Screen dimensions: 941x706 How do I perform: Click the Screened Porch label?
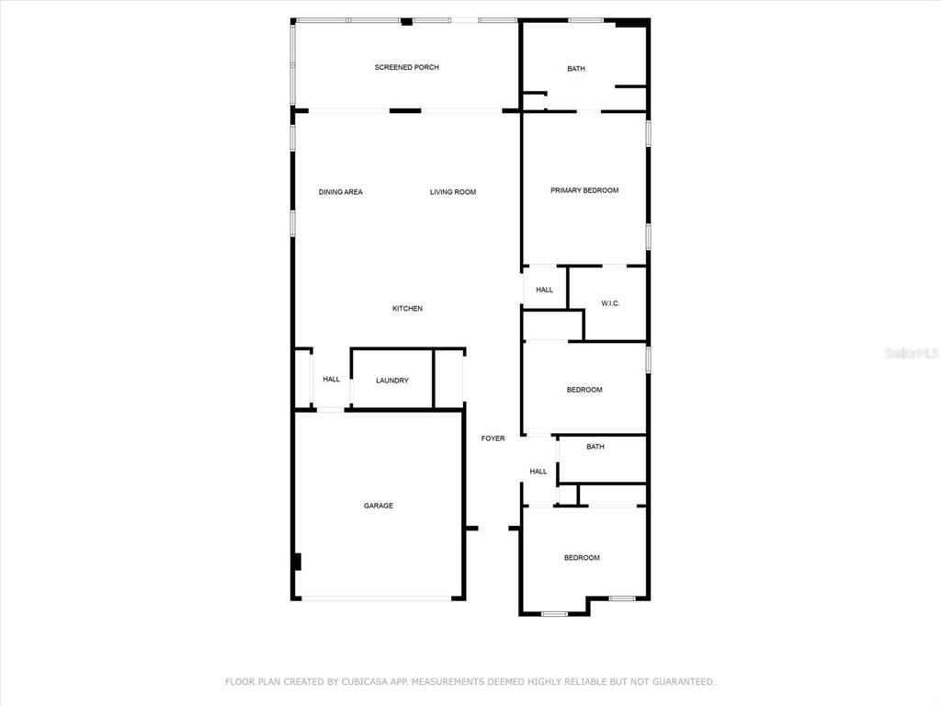click(x=406, y=67)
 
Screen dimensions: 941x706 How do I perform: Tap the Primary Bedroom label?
click(x=584, y=190)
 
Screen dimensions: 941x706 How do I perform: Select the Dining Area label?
click(x=340, y=192)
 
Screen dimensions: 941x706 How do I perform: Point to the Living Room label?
click(x=453, y=192)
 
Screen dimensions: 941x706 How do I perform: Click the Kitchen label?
click(x=407, y=309)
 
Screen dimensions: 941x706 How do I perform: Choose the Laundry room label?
click(x=392, y=381)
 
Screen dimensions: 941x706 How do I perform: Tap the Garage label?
click(x=378, y=506)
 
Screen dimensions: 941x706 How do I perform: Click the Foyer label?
click(x=493, y=438)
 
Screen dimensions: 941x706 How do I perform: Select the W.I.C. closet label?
click(x=611, y=303)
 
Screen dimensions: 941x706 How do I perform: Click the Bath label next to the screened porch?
click(x=576, y=69)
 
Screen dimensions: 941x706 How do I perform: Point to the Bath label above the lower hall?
click(x=595, y=448)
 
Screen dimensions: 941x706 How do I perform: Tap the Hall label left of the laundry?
click(x=331, y=379)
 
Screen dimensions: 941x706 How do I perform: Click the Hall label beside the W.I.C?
click(x=545, y=290)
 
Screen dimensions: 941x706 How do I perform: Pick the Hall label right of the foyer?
click(x=539, y=472)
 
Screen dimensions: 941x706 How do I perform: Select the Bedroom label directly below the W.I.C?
click(x=584, y=390)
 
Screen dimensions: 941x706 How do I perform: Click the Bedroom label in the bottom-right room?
click(x=582, y=558)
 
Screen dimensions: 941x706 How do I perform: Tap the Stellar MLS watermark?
click(x=911, y=353)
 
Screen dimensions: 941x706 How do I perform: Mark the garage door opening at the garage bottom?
click(x=377, y=599)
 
